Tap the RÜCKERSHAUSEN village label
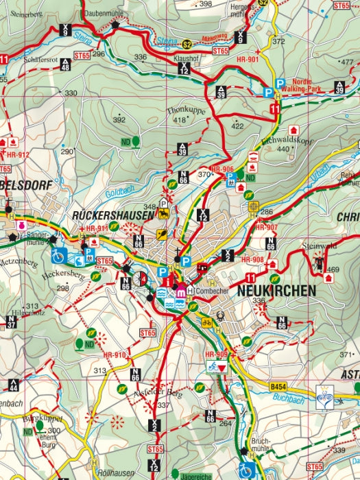coord(113,215)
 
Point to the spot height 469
coord(332,269)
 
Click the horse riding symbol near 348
coord(164,214)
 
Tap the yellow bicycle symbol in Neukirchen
coord(206,321)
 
